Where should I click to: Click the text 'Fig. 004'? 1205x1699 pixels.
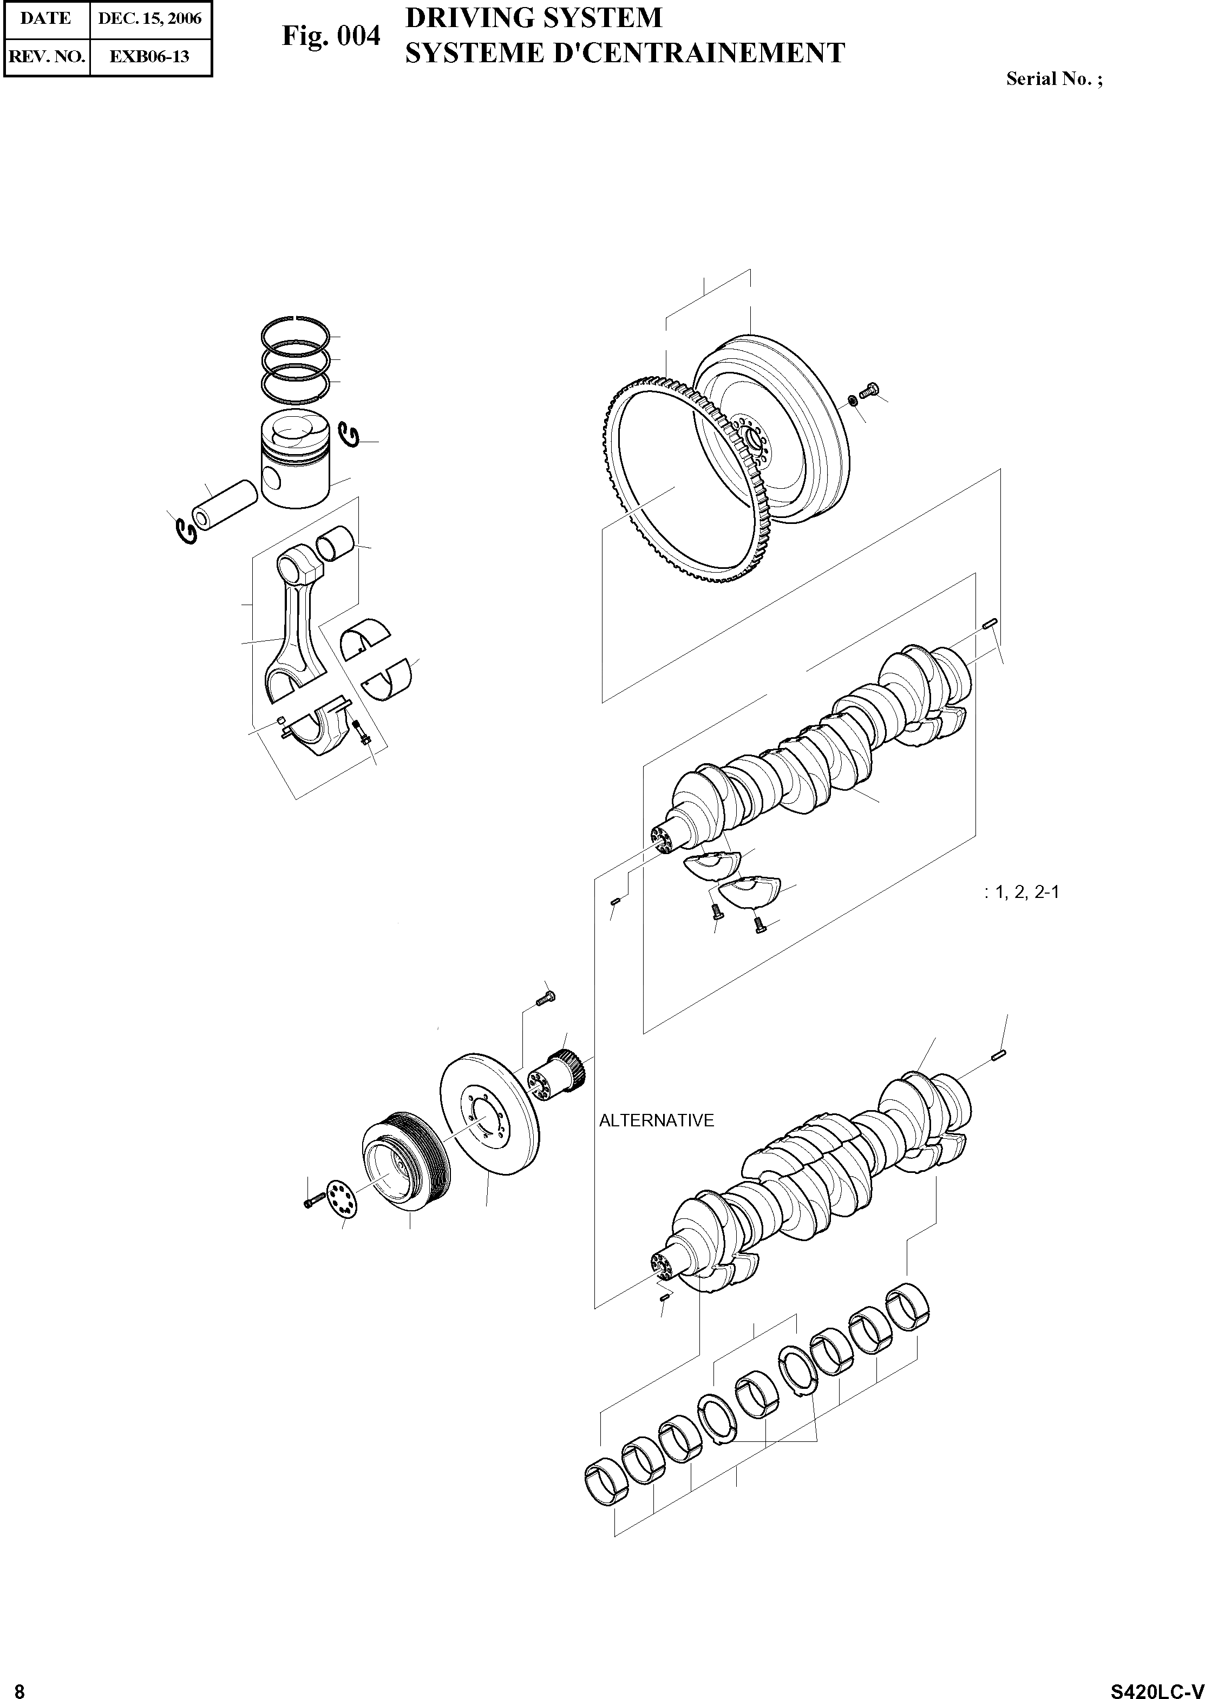(x=331, y=36)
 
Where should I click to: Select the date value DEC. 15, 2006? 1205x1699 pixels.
(x=150, y=18)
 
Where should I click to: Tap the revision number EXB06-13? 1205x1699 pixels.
(x=150, y=56)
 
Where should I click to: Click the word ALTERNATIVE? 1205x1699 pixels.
(x=656, y=1120)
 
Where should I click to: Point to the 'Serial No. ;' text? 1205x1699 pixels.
(x=1053, y=78)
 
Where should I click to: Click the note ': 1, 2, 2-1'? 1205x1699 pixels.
(x=1021, y=892)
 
